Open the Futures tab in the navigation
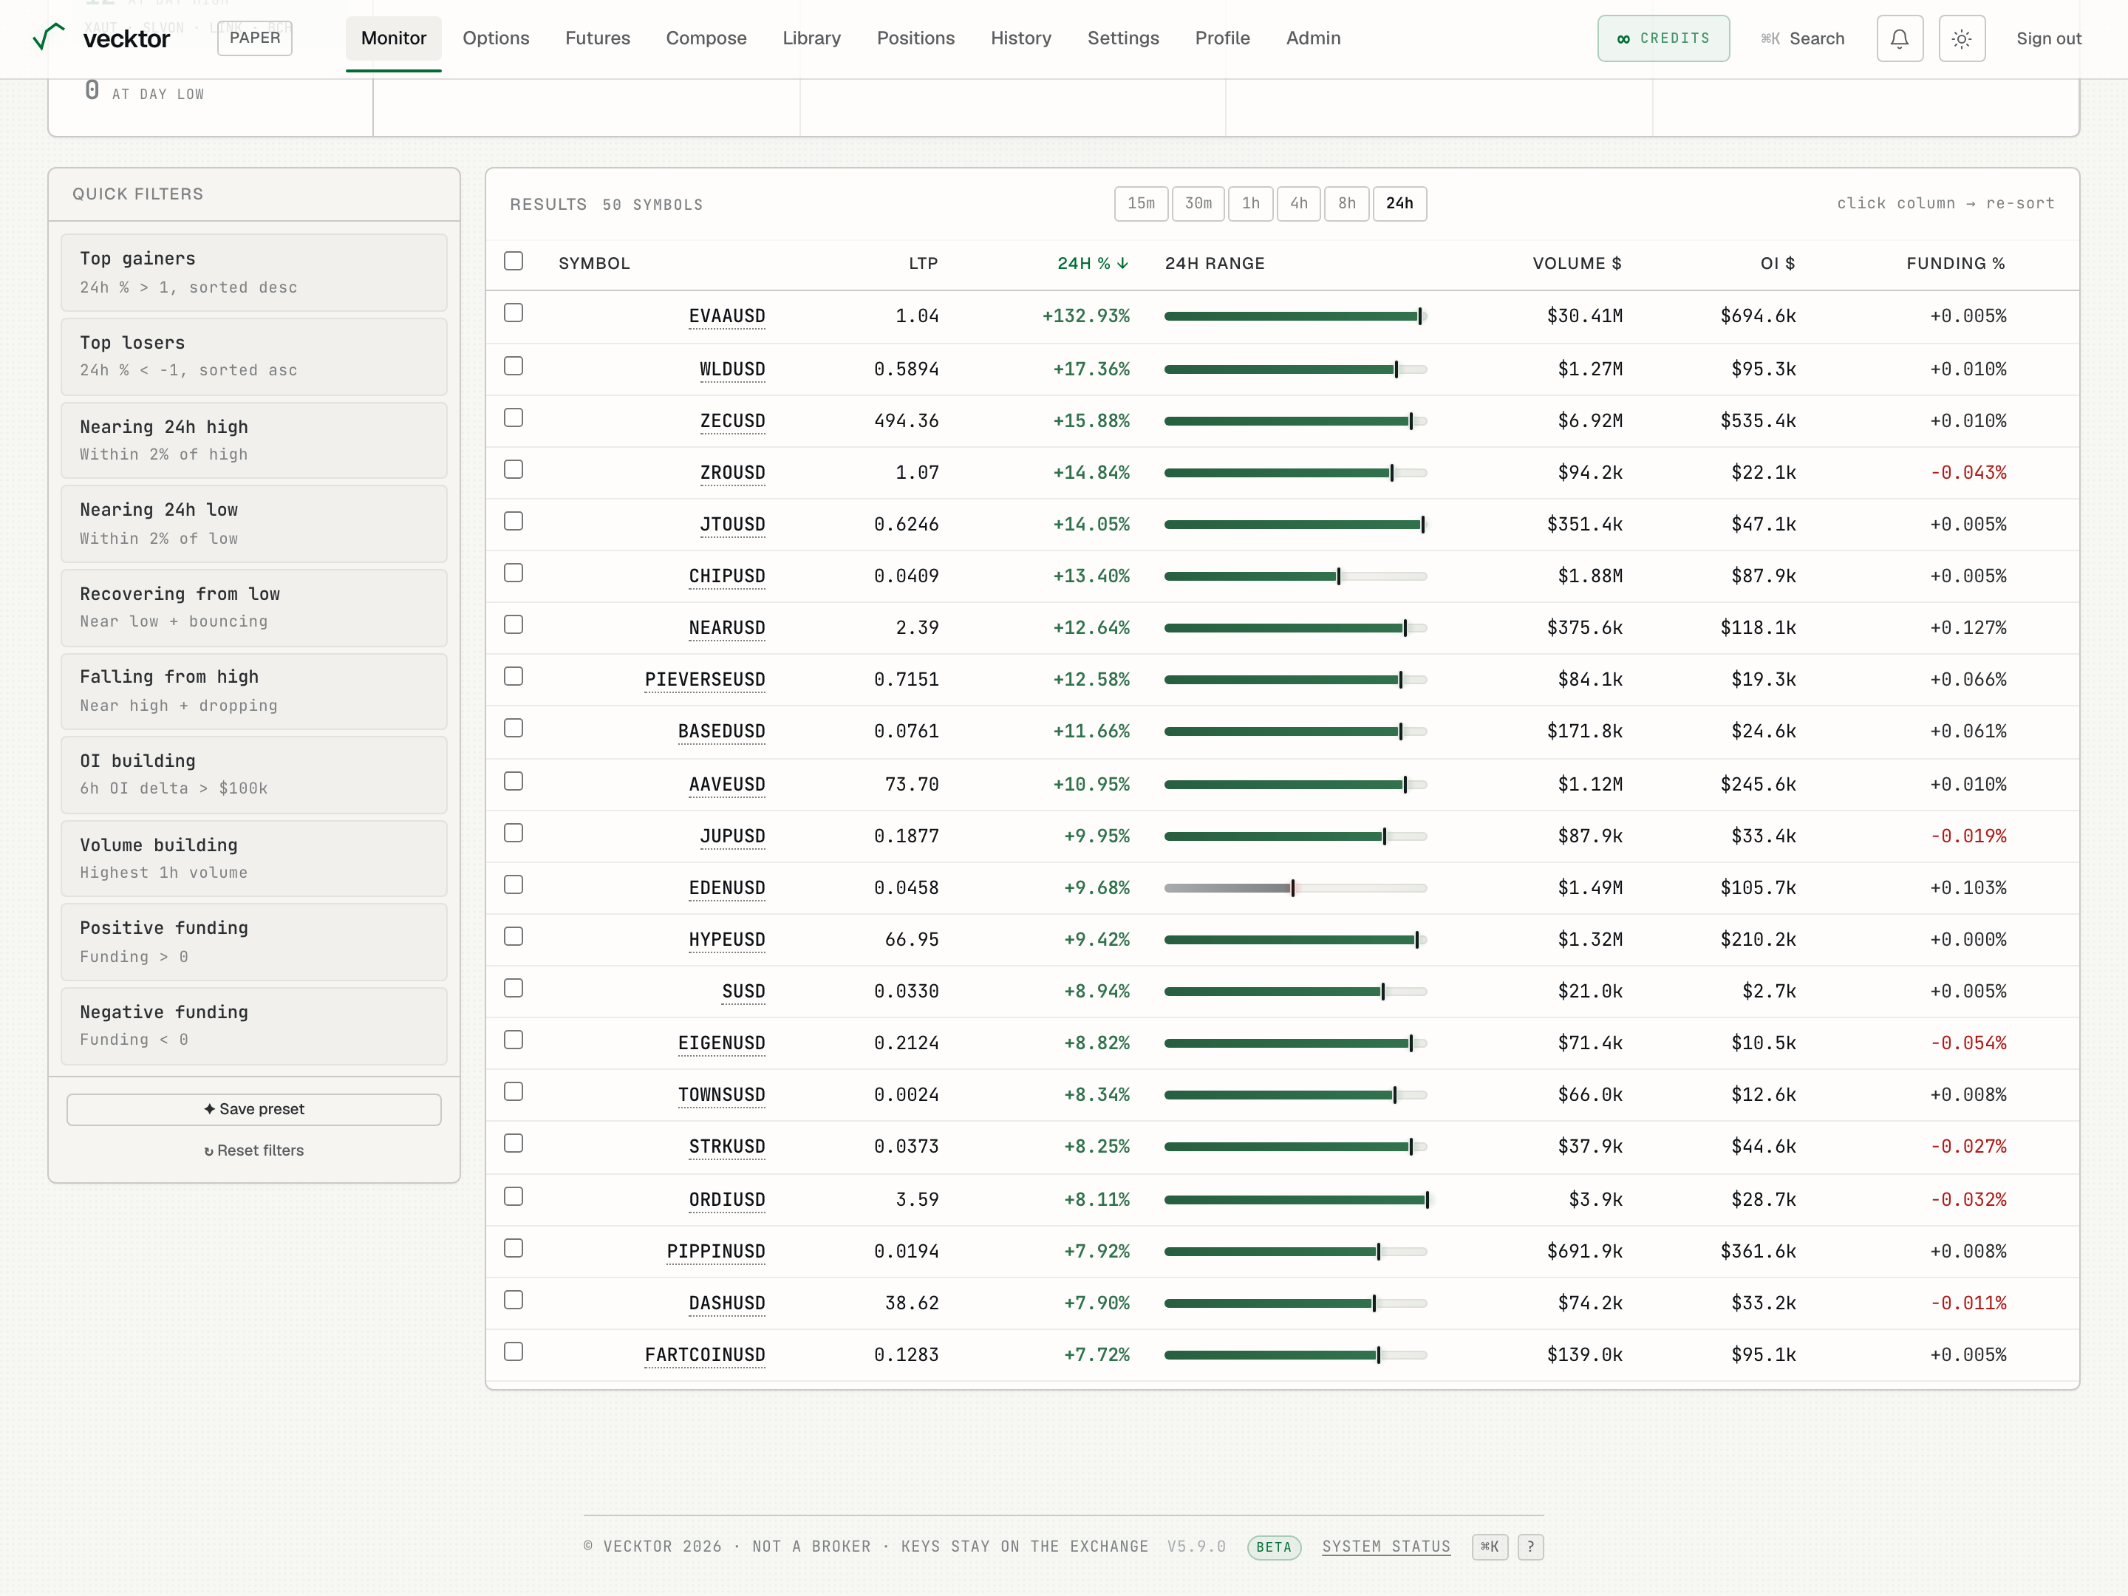598,38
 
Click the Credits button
1663,38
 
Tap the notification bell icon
1899,38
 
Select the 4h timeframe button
1299,204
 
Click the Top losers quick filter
254,356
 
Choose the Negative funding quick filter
254,1026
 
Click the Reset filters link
254,1150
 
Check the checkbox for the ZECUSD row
514,418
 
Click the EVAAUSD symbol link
726,316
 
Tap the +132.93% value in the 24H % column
1086,316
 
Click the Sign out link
2048,38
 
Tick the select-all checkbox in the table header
514,262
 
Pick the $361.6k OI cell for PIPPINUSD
1758,1252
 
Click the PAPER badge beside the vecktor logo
255,38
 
